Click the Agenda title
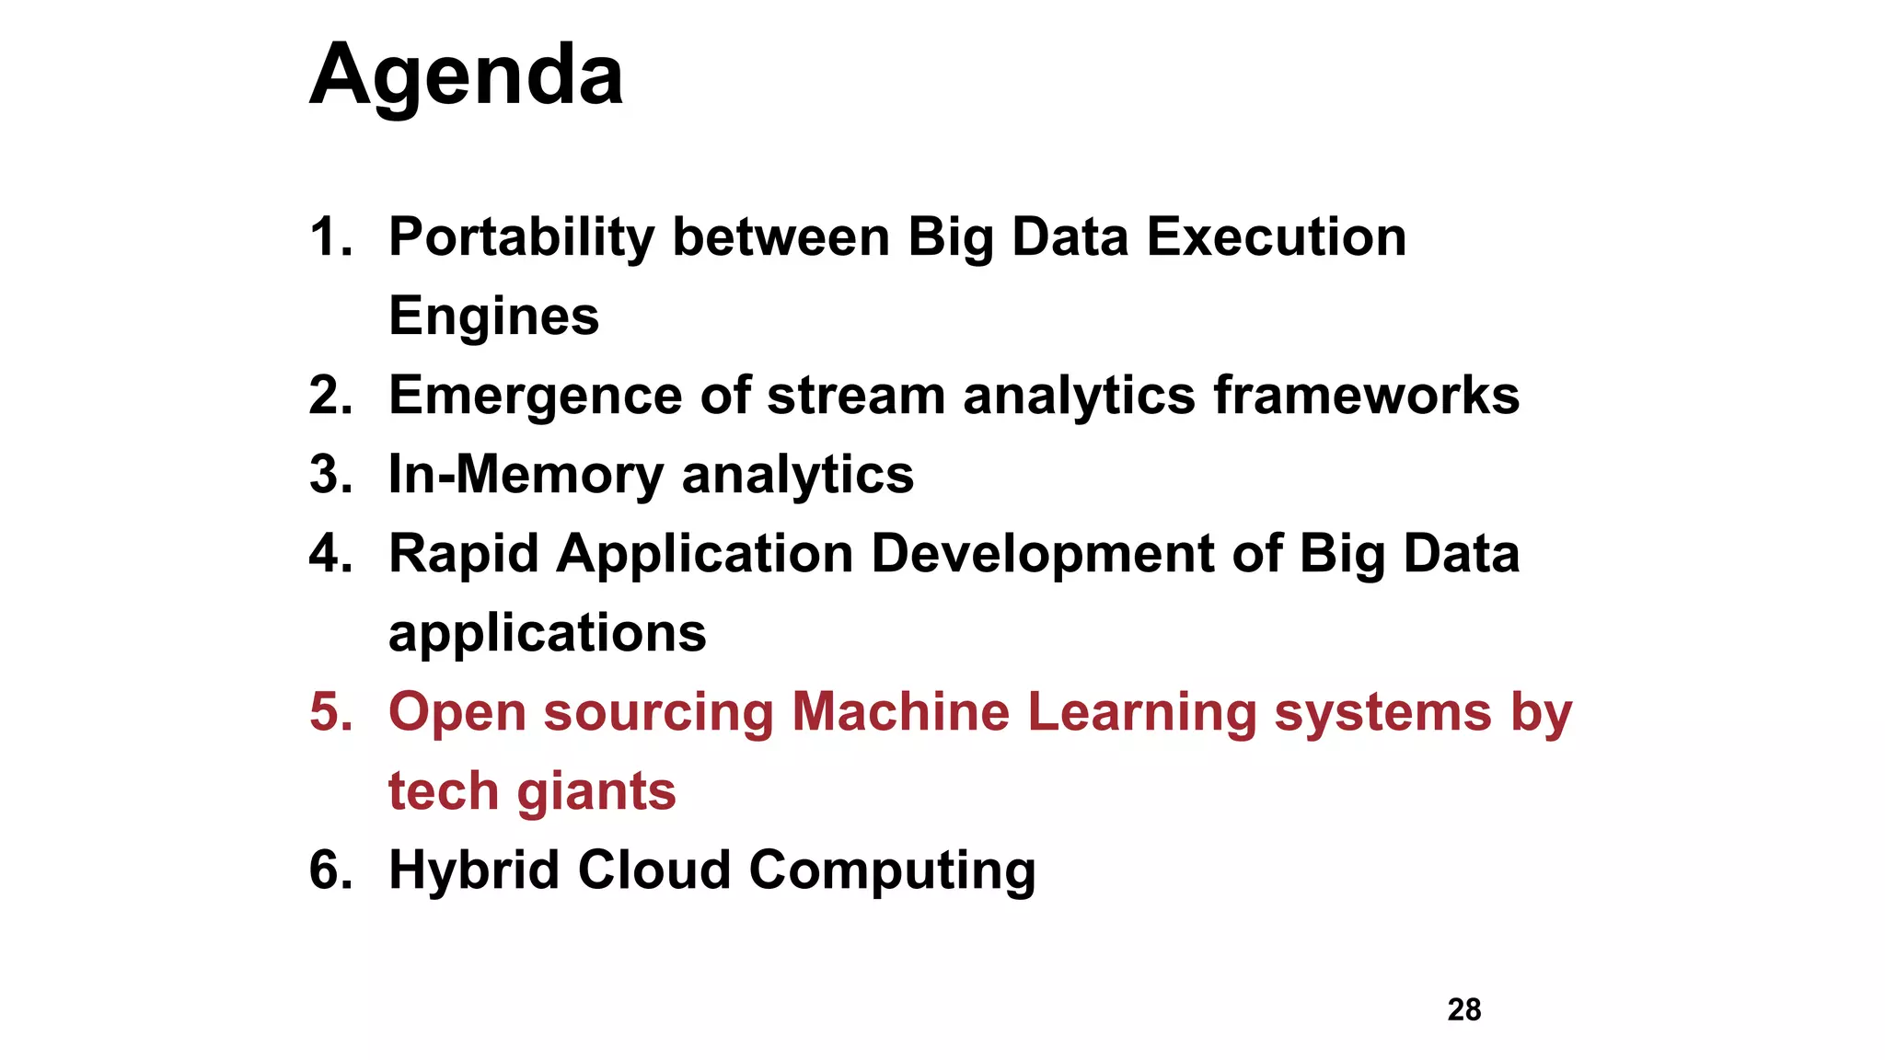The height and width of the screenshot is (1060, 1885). [466, 75]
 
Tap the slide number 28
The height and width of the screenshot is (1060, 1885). [1463, 1009]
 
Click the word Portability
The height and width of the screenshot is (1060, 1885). [521, 237]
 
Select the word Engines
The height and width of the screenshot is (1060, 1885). [493, 317]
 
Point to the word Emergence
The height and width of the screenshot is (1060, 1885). [535, 397]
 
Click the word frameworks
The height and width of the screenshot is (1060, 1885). [1366, 396]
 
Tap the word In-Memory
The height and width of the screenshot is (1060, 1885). [526, 475]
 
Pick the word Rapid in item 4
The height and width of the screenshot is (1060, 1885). [463, 554]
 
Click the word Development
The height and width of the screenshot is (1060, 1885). [1043, 554]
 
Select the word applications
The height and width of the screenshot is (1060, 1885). [547, 634]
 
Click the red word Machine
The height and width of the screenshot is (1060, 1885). [900, 712]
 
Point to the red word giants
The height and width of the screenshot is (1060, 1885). [596, 791]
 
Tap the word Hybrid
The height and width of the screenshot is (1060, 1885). [473, 870]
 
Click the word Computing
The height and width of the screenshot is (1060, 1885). [892, 870]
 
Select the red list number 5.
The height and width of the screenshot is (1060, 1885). [330, 712]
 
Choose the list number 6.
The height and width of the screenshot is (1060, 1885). [330, 870]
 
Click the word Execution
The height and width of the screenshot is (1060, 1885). [1276, 237]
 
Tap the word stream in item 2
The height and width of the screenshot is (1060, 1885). [856, 396]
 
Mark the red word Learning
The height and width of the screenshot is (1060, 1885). [1141, 712]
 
